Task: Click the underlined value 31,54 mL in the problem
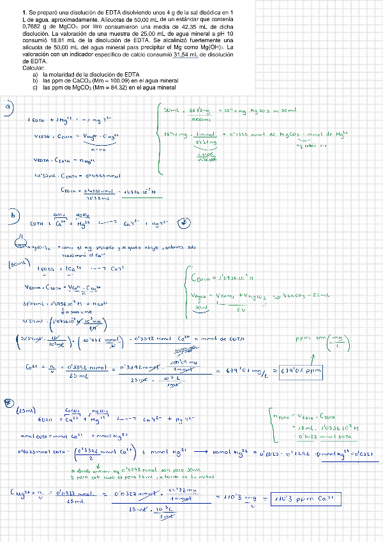181,55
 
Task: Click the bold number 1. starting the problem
23,12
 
